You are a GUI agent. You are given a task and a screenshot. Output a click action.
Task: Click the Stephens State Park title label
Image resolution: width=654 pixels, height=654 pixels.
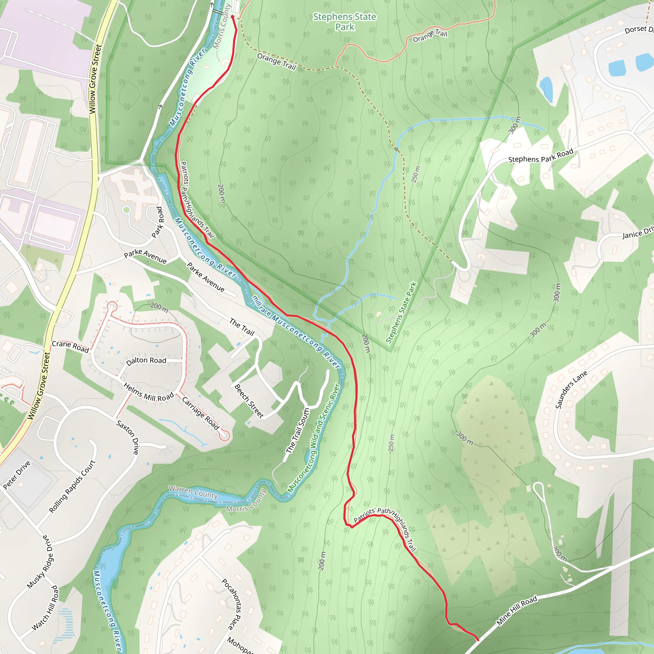click(345, 22)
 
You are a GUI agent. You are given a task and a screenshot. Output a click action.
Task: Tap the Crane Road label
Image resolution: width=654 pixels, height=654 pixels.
click(70, 346)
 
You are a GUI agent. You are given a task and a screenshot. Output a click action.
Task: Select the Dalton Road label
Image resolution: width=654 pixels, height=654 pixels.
click(146, 361)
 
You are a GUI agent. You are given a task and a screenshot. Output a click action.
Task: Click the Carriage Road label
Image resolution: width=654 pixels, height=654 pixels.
click(201, 413)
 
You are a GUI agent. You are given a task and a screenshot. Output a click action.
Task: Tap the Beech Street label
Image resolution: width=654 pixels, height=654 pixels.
click(249, 401)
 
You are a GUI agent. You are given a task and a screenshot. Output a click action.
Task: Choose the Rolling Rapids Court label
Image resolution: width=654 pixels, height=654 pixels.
click(72, 486)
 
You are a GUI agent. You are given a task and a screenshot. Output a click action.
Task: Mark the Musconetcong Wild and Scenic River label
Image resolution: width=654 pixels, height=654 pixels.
click(314, 438)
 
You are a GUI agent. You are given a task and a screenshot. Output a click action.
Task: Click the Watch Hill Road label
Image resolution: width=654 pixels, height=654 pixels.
click(45, 608)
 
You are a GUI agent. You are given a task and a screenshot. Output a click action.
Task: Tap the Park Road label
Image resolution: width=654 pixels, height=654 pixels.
click(158, 222)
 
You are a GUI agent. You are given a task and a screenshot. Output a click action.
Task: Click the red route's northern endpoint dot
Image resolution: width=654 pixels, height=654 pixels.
click(232, 17)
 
